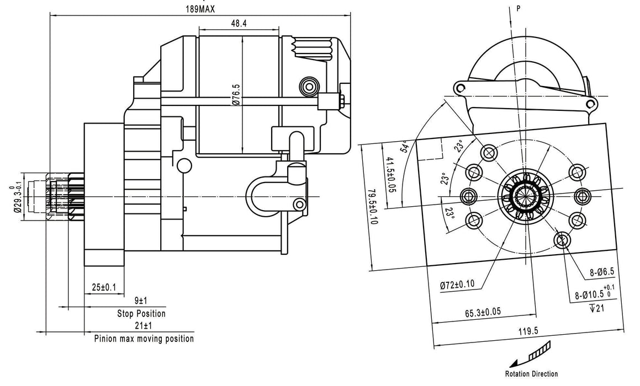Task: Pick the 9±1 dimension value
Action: click(140, 301)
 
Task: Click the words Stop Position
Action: click(141, 313)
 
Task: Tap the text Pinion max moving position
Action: click(144, 339)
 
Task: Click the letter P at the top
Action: click(518, 8)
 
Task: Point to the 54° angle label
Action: click(405, 146)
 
